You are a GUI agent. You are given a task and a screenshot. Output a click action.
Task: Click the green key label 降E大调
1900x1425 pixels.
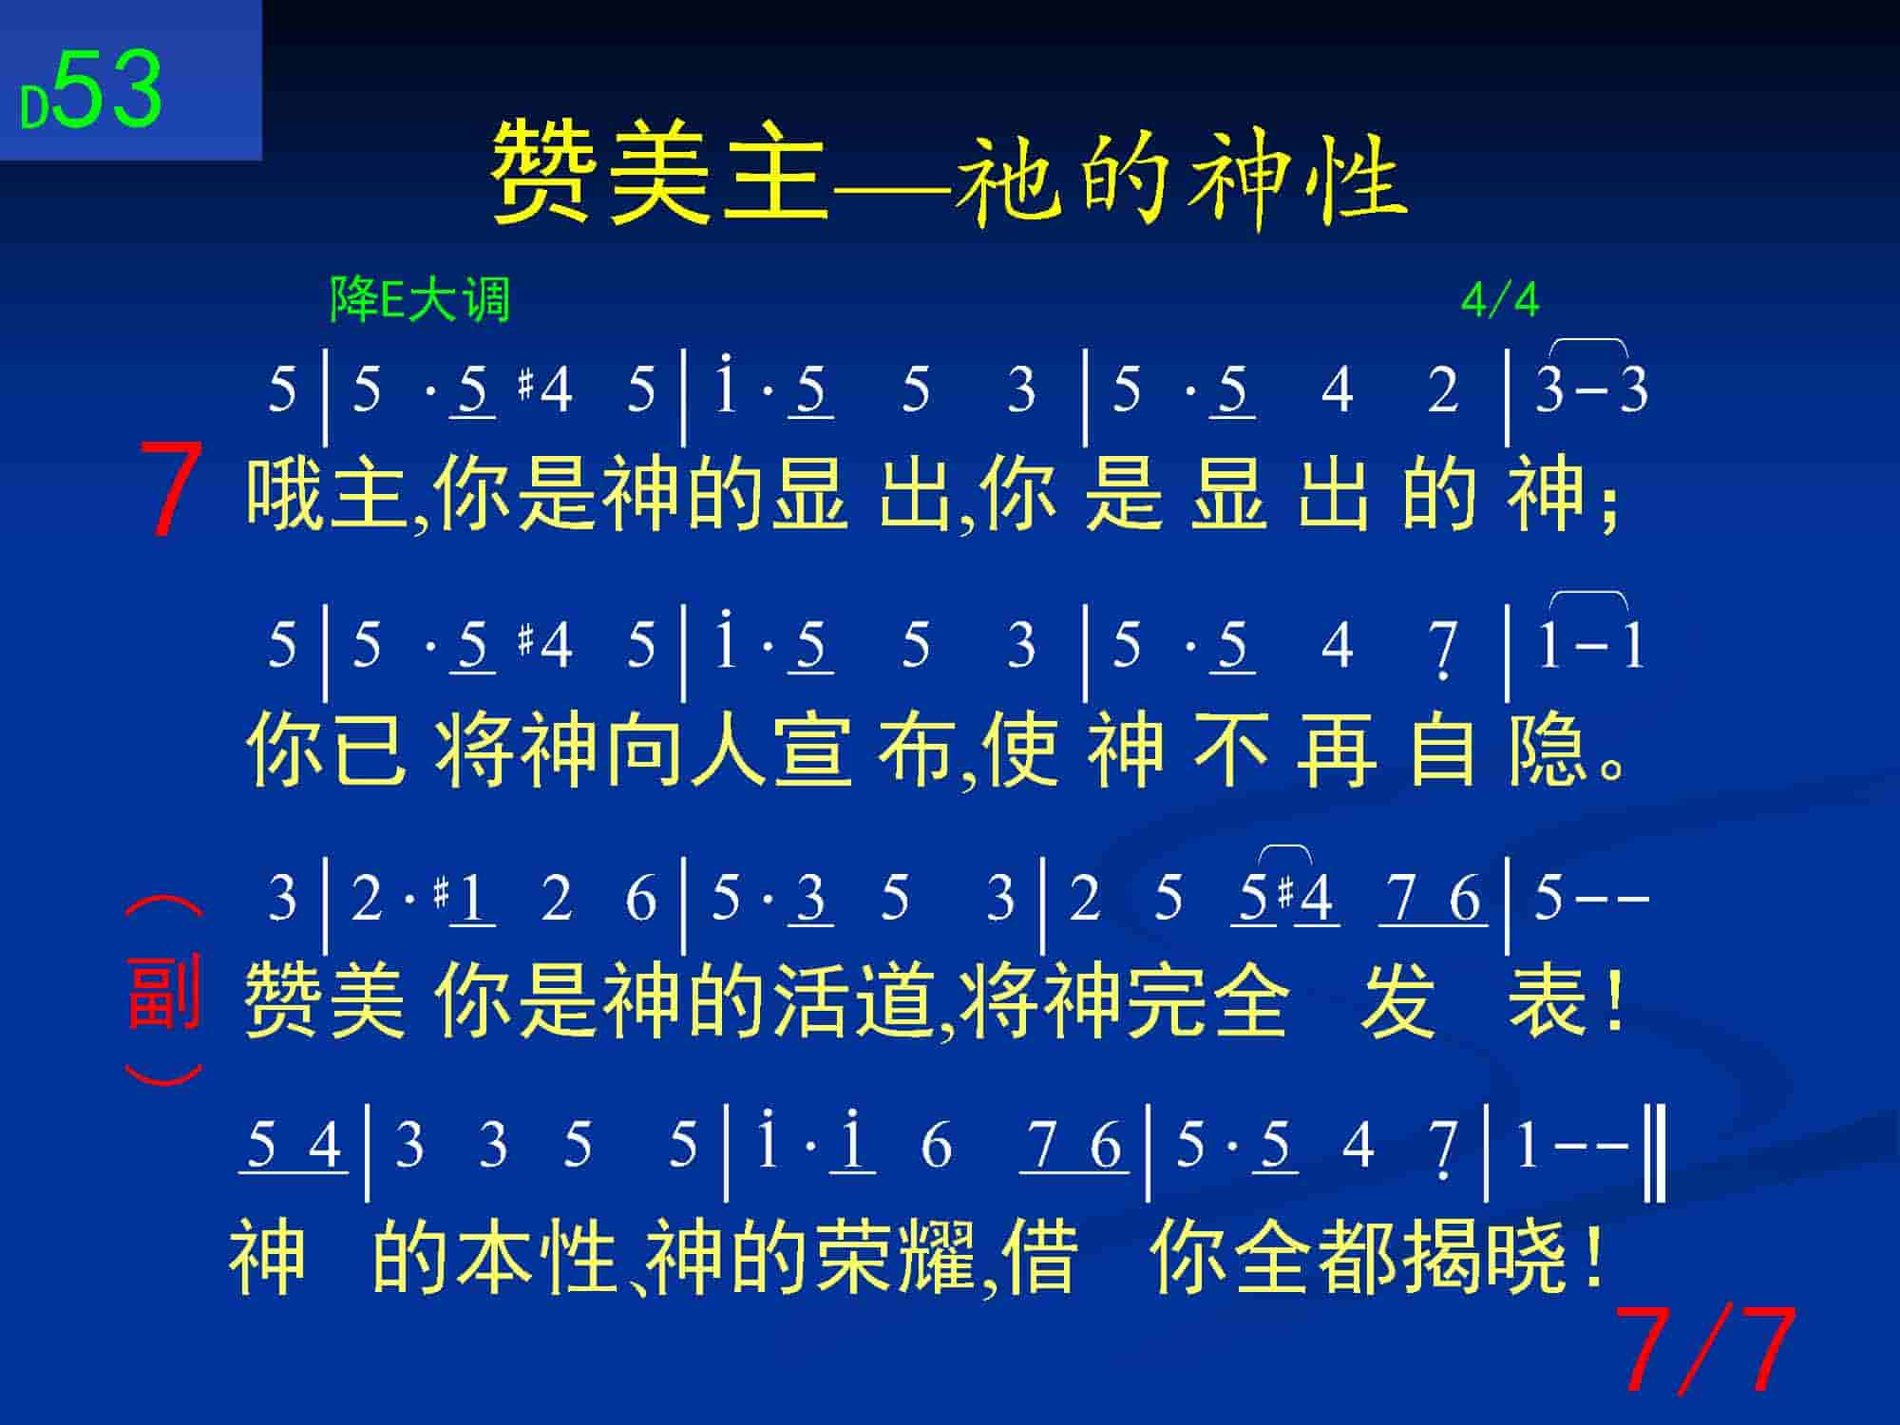tap(420, 299)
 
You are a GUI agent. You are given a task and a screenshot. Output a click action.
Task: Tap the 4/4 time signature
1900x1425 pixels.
tap(1499, 300)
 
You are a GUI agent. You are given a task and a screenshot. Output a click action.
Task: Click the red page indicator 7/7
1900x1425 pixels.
tap(1705, 1348)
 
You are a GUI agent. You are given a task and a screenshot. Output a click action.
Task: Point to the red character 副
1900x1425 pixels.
tap(163, 992)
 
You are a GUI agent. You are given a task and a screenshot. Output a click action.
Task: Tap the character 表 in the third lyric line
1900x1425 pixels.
tap(1547, 1001)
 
